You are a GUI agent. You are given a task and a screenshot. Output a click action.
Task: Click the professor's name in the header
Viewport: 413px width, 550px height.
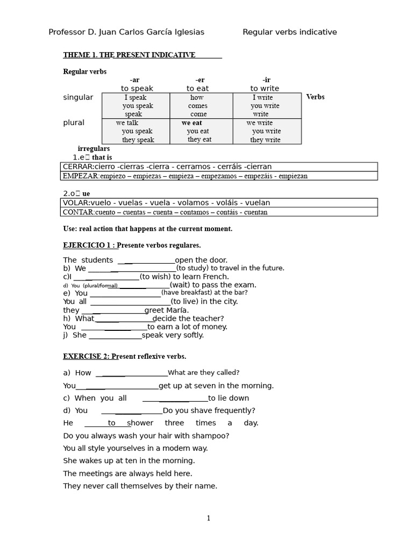[x=126, y=32]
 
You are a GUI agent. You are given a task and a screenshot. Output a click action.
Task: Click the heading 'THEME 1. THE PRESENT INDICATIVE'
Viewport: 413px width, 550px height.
[x=129, y=55]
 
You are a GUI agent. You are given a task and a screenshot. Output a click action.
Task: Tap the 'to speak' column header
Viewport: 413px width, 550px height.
[x=137, y=88]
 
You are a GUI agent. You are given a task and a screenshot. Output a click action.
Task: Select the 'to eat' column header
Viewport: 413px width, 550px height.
[x=197, y=88]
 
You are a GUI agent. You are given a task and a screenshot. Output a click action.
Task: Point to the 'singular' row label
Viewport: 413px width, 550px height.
[x=78, y=97]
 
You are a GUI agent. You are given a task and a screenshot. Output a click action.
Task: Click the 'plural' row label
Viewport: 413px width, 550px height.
[x=74, y=122]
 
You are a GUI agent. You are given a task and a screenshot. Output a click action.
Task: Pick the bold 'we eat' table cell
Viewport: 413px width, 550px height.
[x=192, y=123]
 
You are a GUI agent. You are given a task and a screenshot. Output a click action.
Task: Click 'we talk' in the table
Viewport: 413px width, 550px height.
[x=127, y=123]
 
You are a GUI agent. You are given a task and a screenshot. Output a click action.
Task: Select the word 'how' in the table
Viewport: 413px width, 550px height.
[x=197, y=98]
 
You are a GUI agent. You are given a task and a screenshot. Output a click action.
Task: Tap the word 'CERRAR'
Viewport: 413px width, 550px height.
[x=77, y=167]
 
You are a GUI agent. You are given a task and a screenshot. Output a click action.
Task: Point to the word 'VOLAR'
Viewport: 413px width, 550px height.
[x=75, y=202]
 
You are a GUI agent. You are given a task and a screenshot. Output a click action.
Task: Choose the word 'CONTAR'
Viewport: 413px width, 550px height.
[x=78, y=212]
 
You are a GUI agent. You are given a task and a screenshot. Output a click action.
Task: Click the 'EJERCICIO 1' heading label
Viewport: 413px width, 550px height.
[x=89, y=245]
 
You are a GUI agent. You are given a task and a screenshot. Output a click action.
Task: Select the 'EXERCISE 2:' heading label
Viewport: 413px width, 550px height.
[x=87, y=356]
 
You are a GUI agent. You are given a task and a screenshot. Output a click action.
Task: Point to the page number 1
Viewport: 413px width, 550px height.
[x=209, y=518]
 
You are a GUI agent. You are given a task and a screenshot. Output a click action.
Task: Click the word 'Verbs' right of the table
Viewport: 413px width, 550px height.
[x=315, y=97]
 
